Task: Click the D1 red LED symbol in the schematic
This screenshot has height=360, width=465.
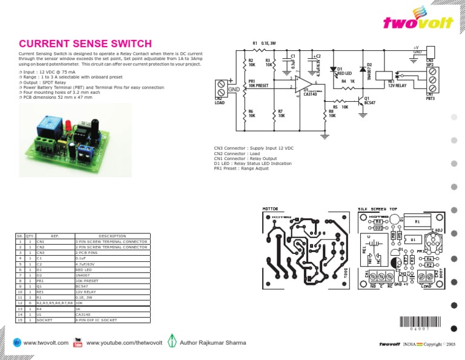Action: (332, 70)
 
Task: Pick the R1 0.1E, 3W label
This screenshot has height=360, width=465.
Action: (264, 43)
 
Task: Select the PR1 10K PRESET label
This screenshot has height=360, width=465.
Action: (258, 83)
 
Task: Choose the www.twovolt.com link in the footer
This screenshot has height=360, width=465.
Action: (45, 343)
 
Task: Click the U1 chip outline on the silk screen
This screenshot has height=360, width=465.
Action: (412, 239)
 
